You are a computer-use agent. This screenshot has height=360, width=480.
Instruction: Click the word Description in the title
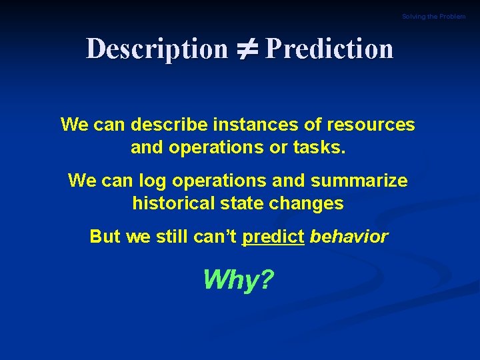(x=157, y=49)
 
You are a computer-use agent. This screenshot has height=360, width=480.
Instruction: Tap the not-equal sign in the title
(x=246, y=49)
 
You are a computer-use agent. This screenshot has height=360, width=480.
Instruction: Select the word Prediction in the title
(x=329, y=49)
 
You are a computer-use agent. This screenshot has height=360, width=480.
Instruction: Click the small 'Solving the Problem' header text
(x=433, y=17)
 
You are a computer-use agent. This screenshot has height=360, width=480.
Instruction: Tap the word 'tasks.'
(x=319, y=147)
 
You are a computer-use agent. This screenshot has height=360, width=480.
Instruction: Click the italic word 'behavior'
(x=349, y=237)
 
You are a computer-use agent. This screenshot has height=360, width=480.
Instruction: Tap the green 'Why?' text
(x=238, y=280)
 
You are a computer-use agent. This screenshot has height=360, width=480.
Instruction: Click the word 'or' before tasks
(x=277, y=147)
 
